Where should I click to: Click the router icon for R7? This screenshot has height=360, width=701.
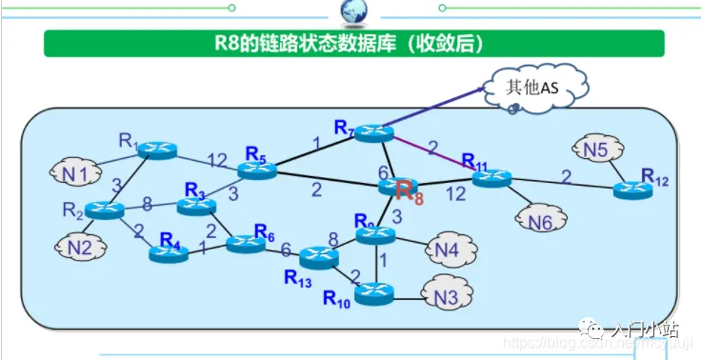pos(373,133)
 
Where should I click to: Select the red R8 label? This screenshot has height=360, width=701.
pos(410,192)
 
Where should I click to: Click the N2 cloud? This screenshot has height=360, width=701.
pos(80,249)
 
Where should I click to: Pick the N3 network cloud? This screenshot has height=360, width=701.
pos(447,297)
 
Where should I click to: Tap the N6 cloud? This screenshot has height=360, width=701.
pos(540,221)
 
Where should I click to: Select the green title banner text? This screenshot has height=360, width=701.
pos(351,43)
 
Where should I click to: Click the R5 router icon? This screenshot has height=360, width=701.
pos(257,170)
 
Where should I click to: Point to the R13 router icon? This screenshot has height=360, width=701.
pos(319,257)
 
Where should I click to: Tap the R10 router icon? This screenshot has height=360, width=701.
pos(374,294)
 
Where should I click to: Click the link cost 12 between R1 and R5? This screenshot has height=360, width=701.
pos(217,159)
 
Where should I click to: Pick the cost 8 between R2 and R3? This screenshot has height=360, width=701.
pos(148,203)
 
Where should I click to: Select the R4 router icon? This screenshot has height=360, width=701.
pos(170,253)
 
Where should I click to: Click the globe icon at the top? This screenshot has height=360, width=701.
pos(351,10)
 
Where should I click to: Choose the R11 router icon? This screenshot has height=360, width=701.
pos(491,178)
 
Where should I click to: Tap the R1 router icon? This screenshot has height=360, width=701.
pos(157,150)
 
